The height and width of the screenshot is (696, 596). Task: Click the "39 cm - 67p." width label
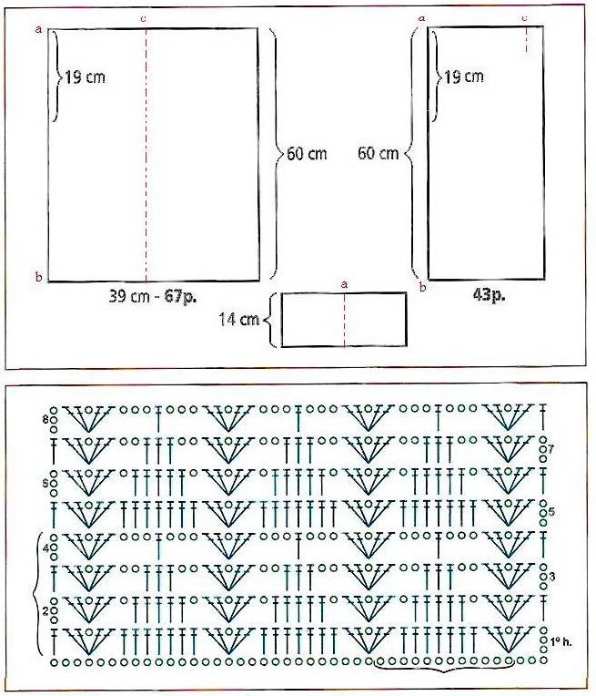(153, 296)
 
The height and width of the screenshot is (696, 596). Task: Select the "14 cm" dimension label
(239, 319)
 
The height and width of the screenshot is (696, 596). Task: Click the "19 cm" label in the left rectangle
(86, 77)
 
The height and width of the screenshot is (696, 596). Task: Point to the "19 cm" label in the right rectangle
(464, 77)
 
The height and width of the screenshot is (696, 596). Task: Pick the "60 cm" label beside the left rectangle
(307, 154)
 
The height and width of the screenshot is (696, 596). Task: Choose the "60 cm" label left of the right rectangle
(379, 153)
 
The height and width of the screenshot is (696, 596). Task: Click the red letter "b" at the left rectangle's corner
(39, 278)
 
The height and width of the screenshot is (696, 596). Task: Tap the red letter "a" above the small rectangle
(344, 284)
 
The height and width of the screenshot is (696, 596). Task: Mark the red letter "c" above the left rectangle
(143, 18)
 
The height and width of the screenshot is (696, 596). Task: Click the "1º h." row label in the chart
(561, 640)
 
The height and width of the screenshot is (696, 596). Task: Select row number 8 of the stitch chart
(45, 418)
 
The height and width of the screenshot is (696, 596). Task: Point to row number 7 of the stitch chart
(551, 448)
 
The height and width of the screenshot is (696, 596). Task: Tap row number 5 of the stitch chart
(551, 512)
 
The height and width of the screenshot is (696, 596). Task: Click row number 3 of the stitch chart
(552, 577)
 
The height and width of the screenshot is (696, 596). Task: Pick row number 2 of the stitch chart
(45, 611)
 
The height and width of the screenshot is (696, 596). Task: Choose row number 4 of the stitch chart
(45, 548)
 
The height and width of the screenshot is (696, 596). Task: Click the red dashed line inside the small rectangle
(345, 319)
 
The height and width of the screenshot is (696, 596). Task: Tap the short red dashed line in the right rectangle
(526, 39)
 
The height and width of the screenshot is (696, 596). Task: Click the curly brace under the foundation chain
(446, 666)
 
